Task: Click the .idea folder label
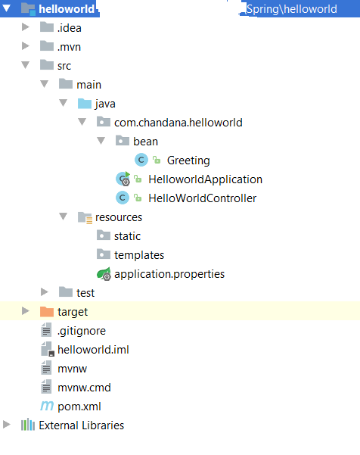click(70, 28)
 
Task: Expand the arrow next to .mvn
click(26, 46)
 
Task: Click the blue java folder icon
click(85, 103)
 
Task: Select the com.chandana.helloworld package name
click(178, 123)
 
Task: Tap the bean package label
click(145, 142)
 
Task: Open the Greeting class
click(188, 160)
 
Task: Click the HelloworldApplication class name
click(205, 179)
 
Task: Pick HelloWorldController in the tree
click(203, 198)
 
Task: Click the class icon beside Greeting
click(141, 160)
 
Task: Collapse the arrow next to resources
click(64, 217)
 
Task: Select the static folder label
click(127, 236)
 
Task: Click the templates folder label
click(139, 255)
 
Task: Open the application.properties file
click(169, 274)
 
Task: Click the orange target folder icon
click(47, 312)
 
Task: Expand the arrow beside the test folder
click(45, 292)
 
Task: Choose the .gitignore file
click(82, 331)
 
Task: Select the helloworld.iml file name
click(93, 350)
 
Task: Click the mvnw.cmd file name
click(84, 388)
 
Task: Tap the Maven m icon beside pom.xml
click(47, 406)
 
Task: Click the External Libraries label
click(82, 425)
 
